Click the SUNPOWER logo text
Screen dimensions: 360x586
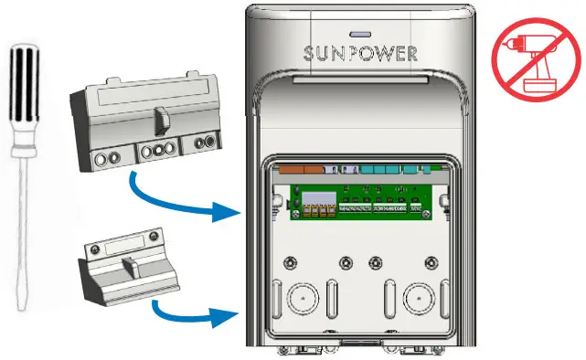coord(360,53)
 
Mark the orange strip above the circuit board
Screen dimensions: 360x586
coord(298,169)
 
